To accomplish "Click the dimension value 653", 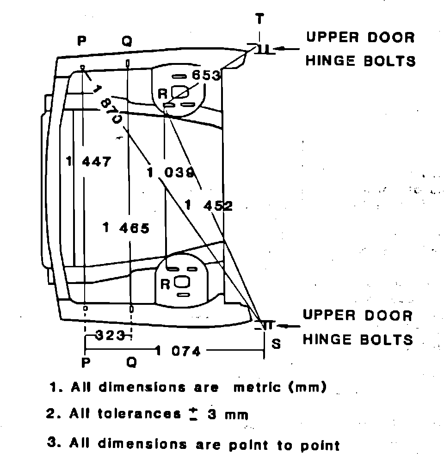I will tap(206, 76).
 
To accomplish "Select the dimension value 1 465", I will tap(126, 228).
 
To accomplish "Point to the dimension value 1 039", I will tap(170, 173).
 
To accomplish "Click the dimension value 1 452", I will tap(209, 206).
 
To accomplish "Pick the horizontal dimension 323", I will tap(110, 334).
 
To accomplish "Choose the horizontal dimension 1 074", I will tap(179, 351).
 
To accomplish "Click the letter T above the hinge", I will tap(260, 19).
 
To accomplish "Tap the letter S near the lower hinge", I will tap(276, 344).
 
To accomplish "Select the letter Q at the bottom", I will tap(131, 363).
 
